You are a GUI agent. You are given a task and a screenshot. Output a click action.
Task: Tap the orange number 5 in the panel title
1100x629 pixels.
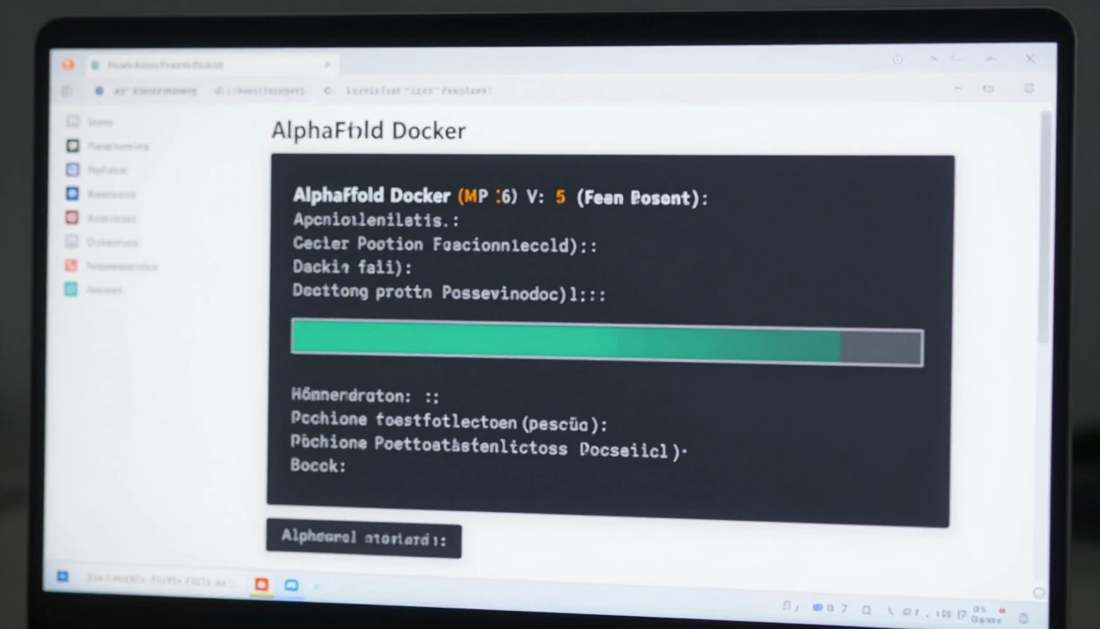(561, 197)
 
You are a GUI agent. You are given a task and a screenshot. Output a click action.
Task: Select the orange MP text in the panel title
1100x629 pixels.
(473, 197)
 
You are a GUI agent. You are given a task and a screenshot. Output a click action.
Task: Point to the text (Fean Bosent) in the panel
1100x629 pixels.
(642, 197)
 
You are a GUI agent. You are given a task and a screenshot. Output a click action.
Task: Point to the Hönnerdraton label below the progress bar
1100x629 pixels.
(351, 396)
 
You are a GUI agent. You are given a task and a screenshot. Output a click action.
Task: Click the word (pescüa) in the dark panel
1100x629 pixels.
(564, 423)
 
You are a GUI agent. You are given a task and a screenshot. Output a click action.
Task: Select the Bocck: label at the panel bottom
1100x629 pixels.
(318, 465)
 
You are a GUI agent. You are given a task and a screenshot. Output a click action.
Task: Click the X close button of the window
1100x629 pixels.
(1030, 59)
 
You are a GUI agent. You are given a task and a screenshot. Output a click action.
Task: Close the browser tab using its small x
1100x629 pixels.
(327, 65)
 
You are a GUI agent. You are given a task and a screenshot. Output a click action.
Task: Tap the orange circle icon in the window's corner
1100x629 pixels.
(69, 64)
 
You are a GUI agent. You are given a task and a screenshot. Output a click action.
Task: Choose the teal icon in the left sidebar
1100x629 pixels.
(71, 289)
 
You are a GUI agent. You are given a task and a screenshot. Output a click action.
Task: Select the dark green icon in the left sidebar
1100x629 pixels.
(72, 146)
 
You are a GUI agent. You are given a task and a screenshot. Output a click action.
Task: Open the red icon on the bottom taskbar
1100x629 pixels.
(262, 584)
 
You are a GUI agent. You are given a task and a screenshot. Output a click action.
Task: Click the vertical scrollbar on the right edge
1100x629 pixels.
(1044, 229)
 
